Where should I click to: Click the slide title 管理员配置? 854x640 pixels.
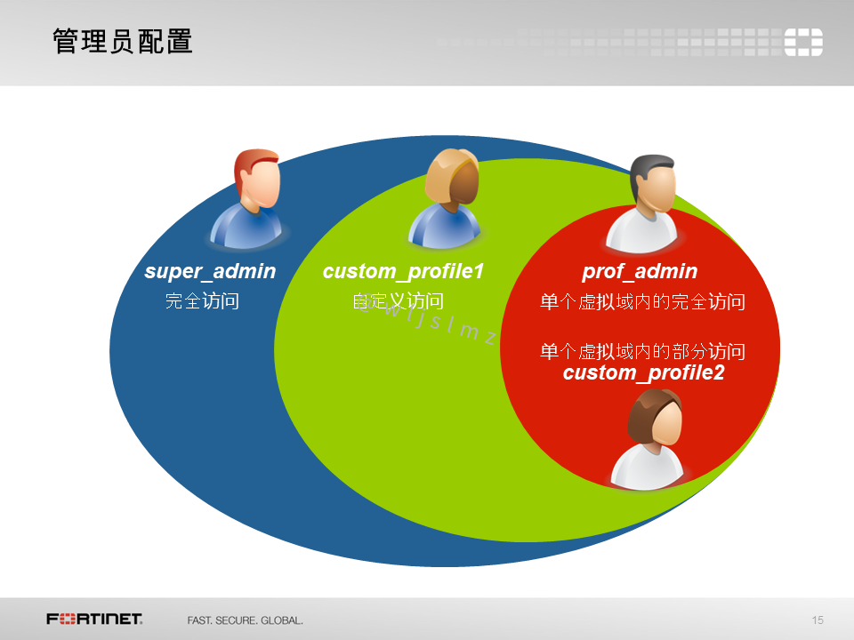pyautogui.click(x=123, y=42)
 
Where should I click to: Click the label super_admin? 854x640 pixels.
pyautogui.click(x=210, y=271)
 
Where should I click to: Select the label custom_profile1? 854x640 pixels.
pyautogui.click(x=403, y=271)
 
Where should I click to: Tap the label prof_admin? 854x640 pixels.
pyautogui.click(x=640, y=271)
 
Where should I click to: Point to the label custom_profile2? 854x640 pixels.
pyautogui.click(x=643, y=372)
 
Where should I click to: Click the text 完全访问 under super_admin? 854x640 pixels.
pyautogui.click(x=202, y=301)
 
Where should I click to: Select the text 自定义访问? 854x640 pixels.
pyautogui.click(x=398, y=301)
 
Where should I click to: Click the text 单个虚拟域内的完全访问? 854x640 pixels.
pyautogui.click(x=641, y=302)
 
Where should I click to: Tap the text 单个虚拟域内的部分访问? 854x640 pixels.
pyautogui.click(x=641, y=351)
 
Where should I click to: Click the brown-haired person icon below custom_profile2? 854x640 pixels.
pyautogui.click(x=650, y=439)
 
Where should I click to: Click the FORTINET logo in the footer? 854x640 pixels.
pyautogui.click(x=95, y=619)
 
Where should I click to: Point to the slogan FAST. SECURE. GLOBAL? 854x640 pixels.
pyautogui.click(x=245, y=620)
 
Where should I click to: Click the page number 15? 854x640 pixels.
pyautogui.click(x=818, y=620)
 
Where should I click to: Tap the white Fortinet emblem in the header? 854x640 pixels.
pyautogui.click(x=802, y=42)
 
